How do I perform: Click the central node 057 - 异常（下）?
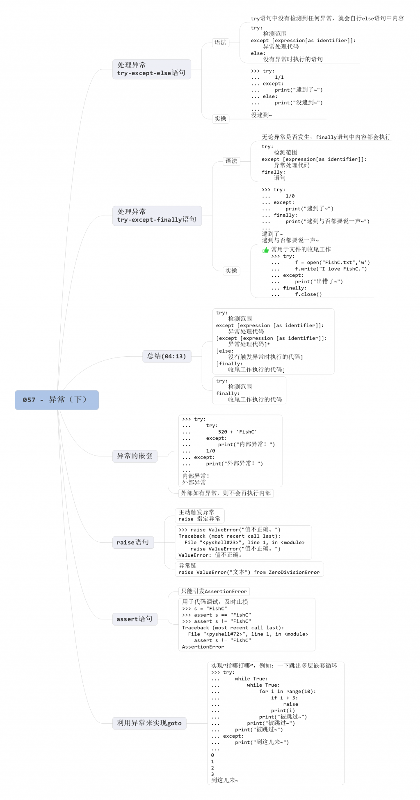coord(57,400)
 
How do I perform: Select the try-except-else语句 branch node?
coord(151,69)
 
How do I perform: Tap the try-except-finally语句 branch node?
coord(157,215)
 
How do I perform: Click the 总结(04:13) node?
coord(167,356)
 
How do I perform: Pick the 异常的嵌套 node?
coord(135,456)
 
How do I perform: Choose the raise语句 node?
coord(132,542)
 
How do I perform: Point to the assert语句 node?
coord(134,619)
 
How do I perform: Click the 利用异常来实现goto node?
coord(149,723)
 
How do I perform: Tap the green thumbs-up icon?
coord(265,250)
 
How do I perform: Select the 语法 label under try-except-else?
coord(220,42)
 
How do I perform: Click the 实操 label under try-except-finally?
coord(231,270)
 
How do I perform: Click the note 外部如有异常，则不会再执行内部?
coord(226,493)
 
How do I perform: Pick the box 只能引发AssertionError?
coord(214,591)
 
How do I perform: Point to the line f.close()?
coord(308,294)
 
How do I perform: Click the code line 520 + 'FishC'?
coord(237,432)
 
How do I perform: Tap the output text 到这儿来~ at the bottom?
coord(225,780)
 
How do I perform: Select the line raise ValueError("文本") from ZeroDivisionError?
coord(249,572)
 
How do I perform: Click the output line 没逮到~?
coord(262,115)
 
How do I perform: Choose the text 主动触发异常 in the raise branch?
coord(196,512)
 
